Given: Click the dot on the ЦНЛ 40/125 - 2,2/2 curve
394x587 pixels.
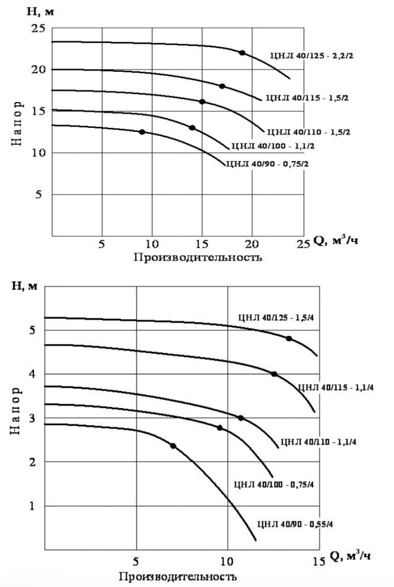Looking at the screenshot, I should [242, 53].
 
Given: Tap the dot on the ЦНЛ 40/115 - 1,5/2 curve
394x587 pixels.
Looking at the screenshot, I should [222, 86].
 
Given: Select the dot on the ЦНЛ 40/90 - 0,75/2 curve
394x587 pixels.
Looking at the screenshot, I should [142, 132].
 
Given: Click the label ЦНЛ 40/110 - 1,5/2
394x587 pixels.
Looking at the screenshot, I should [309, 132].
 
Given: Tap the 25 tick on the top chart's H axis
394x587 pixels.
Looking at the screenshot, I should [37, 29].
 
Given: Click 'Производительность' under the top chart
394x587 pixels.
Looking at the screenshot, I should [198, 257].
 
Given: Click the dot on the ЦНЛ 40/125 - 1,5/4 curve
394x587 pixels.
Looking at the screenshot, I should [289, 338].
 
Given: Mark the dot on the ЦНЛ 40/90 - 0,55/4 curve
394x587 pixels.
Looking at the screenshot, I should [173, 445].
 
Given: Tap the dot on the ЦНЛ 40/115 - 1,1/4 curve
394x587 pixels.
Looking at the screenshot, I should [274, 374].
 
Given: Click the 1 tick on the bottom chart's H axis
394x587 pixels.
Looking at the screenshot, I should [33, 506].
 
